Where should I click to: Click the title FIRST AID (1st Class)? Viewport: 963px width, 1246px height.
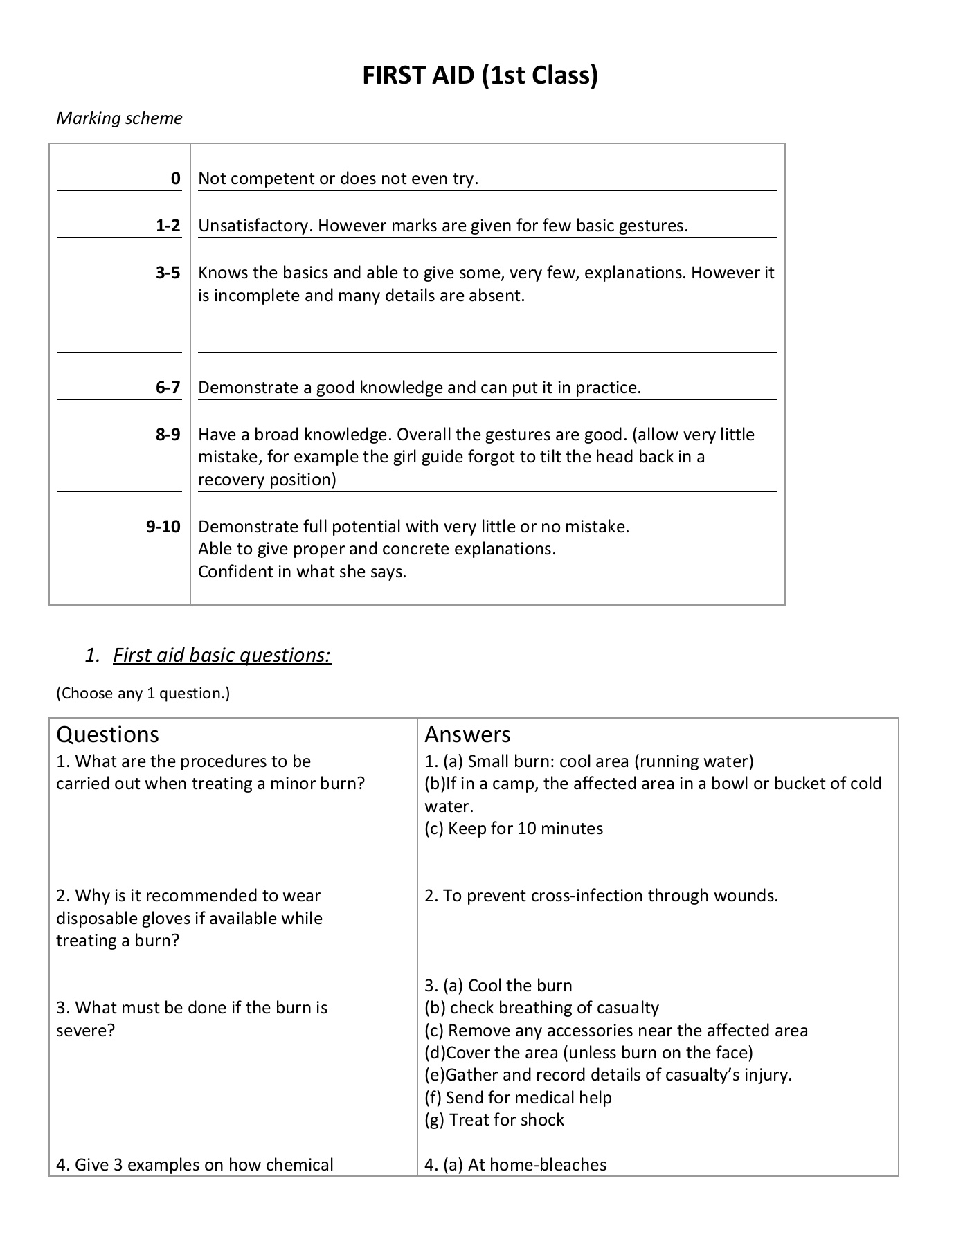coord(480,75)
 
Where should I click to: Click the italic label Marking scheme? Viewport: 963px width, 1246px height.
coord(119,118)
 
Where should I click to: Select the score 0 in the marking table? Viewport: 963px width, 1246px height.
coord(176,179)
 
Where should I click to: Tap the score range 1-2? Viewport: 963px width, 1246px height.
coord(168,226)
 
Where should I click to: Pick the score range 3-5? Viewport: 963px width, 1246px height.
coord(168,273)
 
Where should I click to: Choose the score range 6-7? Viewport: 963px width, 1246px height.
coord(168,388)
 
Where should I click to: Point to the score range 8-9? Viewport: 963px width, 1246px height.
coord(168,435)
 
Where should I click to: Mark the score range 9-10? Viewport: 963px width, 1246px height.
coord(163,527)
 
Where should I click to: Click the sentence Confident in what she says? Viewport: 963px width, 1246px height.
coord(302,572)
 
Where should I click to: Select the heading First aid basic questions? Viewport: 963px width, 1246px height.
coord(222,655)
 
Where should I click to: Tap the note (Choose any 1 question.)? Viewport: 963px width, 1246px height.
coord(143,693)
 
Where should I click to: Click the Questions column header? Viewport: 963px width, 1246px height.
coord(107,734)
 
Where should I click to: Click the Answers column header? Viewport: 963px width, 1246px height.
coord(467,734)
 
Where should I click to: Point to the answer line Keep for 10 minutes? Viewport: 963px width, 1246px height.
coord(514,829)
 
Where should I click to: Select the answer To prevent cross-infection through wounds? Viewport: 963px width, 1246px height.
coord(601,896)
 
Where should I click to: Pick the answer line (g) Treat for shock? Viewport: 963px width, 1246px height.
coord(494,1120)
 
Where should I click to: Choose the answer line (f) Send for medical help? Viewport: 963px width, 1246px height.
coord(518,1098)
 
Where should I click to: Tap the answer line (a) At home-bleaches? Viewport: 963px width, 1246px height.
coord(516,1165)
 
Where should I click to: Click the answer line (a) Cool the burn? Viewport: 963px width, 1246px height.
coord(498,986)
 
